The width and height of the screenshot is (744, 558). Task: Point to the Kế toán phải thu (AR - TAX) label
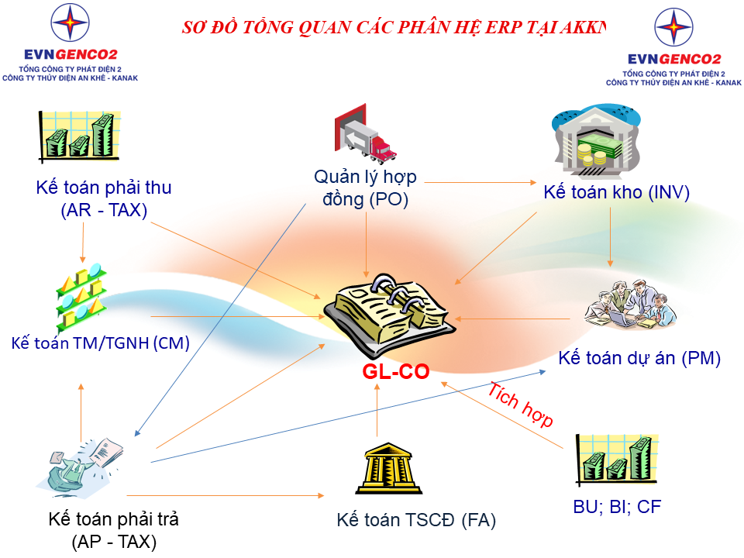click(104, 198)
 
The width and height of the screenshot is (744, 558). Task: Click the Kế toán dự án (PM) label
click(639, 358)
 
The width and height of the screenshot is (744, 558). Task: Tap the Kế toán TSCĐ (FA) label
click(416, 519)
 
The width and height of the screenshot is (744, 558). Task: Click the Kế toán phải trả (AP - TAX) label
click(114, 530)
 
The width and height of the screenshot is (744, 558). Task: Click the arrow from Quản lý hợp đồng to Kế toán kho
click(480, 183)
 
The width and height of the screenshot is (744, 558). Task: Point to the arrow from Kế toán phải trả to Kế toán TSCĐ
click(225, 495)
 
